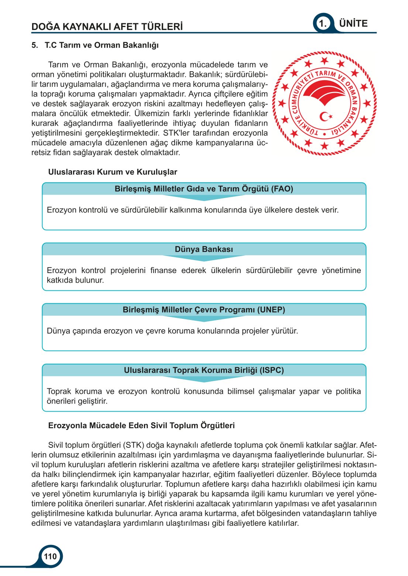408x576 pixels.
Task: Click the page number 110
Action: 50,556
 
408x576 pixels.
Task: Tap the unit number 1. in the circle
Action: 323,24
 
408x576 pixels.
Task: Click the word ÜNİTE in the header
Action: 353,24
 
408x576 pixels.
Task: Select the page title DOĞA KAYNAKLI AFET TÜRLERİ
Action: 107,27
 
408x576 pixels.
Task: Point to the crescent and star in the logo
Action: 326,117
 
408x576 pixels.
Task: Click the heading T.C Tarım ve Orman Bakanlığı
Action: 102,45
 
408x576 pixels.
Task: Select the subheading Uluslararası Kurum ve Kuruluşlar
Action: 113,172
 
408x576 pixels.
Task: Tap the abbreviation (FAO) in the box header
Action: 282,189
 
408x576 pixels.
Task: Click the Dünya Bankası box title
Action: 204,249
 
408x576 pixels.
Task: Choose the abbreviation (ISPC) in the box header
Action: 272,370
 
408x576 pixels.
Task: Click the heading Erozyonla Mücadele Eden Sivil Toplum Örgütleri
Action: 141,426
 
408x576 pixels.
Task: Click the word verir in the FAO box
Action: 330,210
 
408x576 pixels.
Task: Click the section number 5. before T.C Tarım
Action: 35,45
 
